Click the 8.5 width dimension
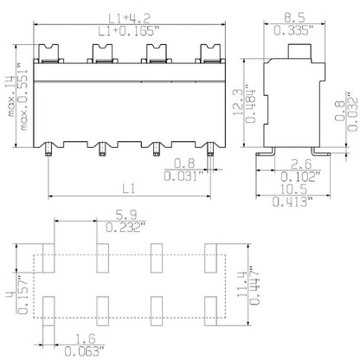[x=293, y=17]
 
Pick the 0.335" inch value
[x=293, y=31]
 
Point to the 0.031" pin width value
[x=183, y=177]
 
